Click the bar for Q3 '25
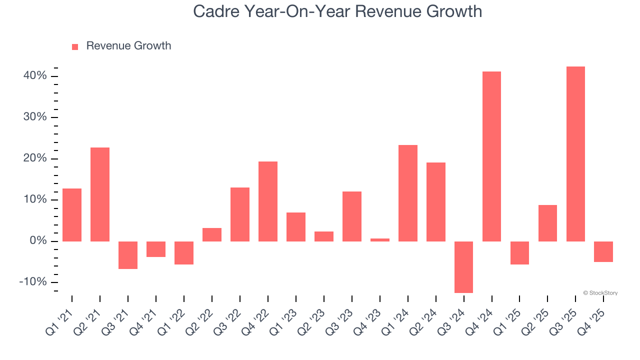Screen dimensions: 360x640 pos(575,154)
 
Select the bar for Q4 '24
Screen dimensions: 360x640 pos(491,156)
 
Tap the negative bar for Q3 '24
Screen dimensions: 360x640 pos(463,267)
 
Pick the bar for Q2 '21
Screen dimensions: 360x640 pos(100,194)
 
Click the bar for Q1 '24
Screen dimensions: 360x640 pos(407,193)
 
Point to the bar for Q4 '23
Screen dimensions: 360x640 pos(379,240)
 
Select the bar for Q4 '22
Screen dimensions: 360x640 pos(267,201)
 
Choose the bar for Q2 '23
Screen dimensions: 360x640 pos(323,236)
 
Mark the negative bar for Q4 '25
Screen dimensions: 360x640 pos(603,251)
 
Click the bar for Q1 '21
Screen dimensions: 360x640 pos(72,215)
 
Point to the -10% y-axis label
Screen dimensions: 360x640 pos(33,282)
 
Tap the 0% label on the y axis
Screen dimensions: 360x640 pos(38,241)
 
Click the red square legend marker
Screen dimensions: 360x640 pos(75,46)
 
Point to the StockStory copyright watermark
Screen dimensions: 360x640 pos(600,293)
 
